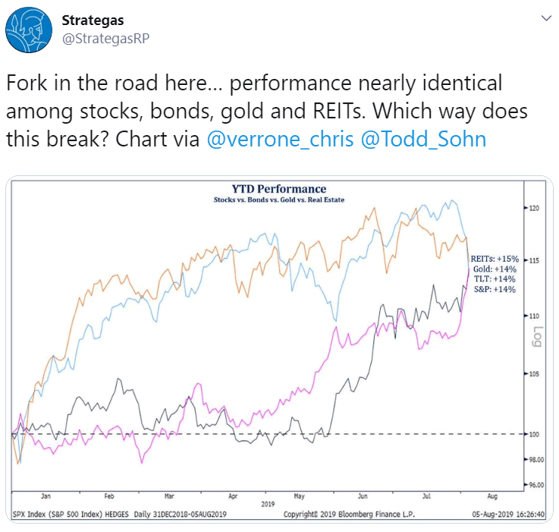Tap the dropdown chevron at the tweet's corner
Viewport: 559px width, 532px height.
pyautogui.click(x=544, y=18)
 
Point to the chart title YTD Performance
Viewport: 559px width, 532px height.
pyautogui.click(x=279, y=189)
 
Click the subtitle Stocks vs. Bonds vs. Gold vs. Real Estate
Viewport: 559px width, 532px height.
pyautogui.click(x=278, y=200)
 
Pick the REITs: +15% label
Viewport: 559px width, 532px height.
pyautogui.click(x=494, y=259)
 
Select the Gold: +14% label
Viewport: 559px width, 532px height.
pyautogui.click(x=496, y=269)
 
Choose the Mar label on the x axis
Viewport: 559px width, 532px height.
pyautogui.click(x=171, y=494)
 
